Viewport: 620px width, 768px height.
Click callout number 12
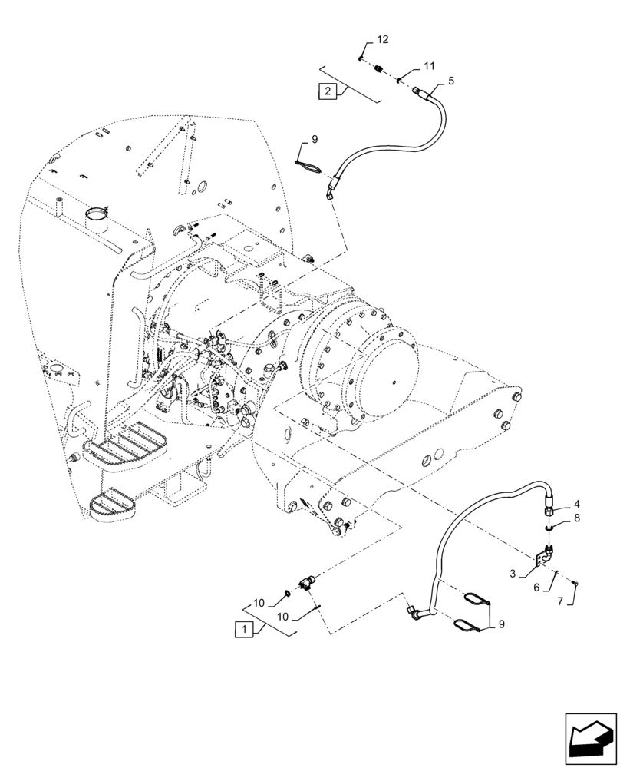pyautogui.click(x=382, y=39)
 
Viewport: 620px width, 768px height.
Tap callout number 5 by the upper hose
pyautogui.click(x=451, y=80)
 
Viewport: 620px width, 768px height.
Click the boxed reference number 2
pyautogui.click(x=328, y=91)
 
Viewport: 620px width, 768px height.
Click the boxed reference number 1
pyautogui.click(x=242, y=629)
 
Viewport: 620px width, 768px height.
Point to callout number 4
pyautogui.click(x=578, y=505)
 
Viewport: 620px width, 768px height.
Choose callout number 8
pyautogui.click(x=578, y=518)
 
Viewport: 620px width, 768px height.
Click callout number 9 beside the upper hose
pyautogui.click(x=314, y=139)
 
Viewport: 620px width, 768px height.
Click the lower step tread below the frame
pyautogui.click(x=114, y=504)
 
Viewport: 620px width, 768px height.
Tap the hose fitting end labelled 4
pyautogui.click(x=551, y=508)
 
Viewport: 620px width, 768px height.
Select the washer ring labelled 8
pyautogui.click(x=550, y=528)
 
